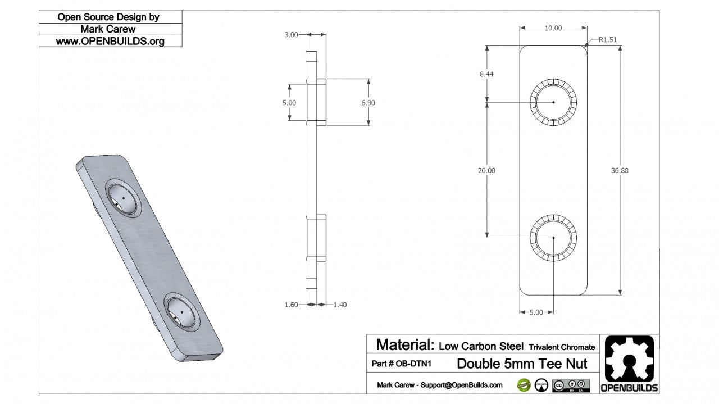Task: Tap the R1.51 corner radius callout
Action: point(608,40)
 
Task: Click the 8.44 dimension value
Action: point(486,74)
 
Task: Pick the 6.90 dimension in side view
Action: point(368,103)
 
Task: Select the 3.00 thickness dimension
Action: point(291,35)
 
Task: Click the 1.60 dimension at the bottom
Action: point(291,305)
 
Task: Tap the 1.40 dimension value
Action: point(340,305)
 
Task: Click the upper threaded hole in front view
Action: point(553,102)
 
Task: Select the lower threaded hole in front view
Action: point(553,238)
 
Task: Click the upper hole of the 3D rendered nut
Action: point(123,199)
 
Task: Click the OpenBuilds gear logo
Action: point(630,360)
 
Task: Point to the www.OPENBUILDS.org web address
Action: point(110,41)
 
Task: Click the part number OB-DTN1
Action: point(401,364)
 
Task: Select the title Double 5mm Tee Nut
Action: point(522,364)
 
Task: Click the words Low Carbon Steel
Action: point(481,346)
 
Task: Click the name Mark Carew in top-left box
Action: point(110,29)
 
